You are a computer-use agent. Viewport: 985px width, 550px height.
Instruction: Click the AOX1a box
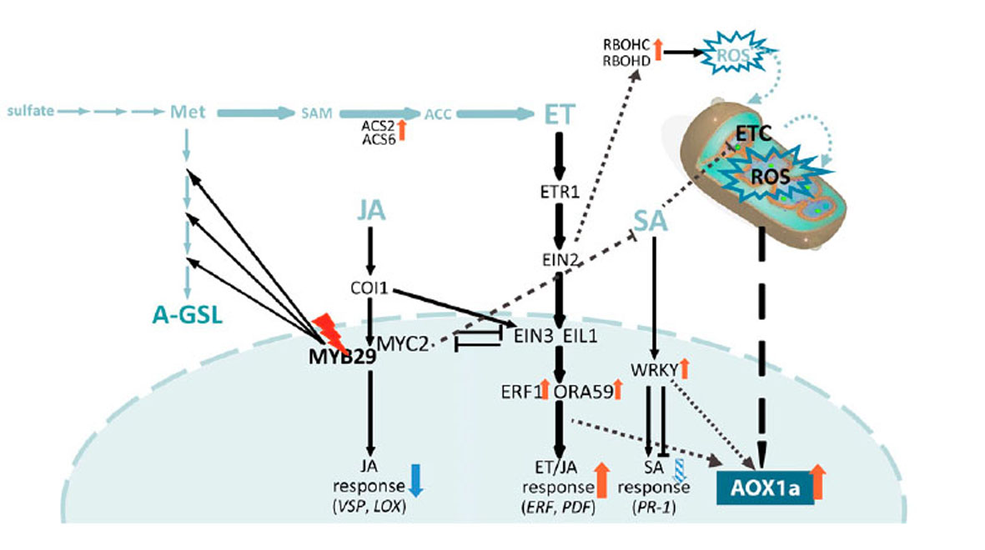click(x=765, y=487)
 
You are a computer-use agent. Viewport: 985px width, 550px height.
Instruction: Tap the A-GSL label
click(x=187, y=314)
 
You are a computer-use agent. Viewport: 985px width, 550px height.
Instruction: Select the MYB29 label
click(x=342, y=356)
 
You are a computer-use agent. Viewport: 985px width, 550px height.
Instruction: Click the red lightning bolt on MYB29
click(x=329, y=331)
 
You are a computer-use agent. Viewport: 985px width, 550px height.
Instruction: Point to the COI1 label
click(x=369, y=288)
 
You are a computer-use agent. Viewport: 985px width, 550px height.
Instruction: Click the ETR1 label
click(x=559, y=192)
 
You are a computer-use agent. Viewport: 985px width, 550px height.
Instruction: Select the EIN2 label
click(x=560, y=259)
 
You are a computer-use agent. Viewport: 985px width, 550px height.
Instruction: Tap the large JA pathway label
click(x=370, y=210)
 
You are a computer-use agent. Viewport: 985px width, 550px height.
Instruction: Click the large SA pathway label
click(x=651, y=221)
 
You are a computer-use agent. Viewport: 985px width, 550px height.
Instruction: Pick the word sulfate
click(x=30, y=111)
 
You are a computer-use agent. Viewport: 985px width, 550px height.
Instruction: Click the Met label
click(x=187, y=112)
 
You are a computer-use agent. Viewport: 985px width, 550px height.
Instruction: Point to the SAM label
click(x=316, y=113)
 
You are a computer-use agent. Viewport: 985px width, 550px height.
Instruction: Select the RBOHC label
click(x=626, y=45)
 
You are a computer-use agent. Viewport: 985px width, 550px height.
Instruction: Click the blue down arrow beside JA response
click(x=416, y=480)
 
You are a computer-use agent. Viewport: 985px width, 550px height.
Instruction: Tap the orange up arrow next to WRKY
click(x=684, y=368)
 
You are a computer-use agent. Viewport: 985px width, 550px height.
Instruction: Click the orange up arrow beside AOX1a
click(x=817, y=482)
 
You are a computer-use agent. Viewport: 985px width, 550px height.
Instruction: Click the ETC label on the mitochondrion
click(x=752, y=133)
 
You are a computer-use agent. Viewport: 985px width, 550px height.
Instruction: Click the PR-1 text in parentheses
click(x=654, y=507)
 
